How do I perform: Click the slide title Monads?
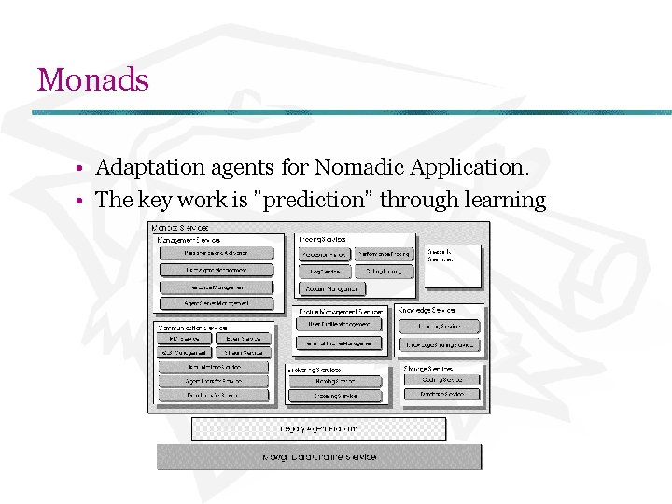(92, 79)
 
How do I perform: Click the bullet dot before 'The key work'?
(82, 202)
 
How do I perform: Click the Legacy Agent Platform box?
(318, 428)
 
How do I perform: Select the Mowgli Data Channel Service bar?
(319, 456)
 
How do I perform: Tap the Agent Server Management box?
(216, 303)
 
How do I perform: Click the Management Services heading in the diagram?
(189, 240)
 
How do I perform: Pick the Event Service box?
(243, 339)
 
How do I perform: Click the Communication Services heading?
(191, 328)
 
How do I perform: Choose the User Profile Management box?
(339, 324)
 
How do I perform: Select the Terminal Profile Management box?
(339, 343)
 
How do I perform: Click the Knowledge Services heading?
(427, 310)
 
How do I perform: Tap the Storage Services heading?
(429, 369)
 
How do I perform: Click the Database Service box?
(441, 395)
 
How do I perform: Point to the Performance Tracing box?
(384, 254)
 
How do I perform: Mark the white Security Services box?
(453, 264)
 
